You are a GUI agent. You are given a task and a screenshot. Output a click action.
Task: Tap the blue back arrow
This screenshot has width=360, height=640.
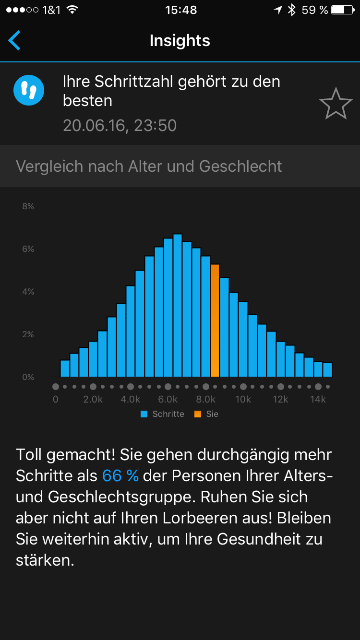point(14,41)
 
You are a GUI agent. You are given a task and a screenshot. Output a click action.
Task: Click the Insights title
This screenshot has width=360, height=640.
point(180,41)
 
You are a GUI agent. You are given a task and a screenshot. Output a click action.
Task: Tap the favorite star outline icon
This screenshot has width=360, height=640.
point(336,104)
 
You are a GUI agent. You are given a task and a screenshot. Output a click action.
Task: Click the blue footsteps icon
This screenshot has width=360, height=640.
point(29,90)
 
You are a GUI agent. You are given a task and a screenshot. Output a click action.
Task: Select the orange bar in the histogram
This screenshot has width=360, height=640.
point(215,320)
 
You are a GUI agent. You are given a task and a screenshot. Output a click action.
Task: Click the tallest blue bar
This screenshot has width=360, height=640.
point(178,305)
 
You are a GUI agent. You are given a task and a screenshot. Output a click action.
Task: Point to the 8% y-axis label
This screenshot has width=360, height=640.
point(28,206)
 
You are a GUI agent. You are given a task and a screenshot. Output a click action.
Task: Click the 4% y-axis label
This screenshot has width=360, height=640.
point(28,292)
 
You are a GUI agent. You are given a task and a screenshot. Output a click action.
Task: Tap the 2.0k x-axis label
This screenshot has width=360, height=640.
point(93,399)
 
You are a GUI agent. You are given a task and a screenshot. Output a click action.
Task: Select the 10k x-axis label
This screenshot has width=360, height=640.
point(243,399)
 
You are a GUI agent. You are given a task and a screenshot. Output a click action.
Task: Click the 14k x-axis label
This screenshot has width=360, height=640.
point(318,399)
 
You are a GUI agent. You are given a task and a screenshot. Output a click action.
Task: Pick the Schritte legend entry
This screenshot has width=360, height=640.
point(163,414)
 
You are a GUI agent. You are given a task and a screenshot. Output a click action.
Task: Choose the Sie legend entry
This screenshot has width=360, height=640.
point(206,414)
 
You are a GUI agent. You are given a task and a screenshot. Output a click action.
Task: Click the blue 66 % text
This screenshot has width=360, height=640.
point(120,475)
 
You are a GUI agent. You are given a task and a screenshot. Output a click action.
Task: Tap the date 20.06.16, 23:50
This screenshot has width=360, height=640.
point(120,126)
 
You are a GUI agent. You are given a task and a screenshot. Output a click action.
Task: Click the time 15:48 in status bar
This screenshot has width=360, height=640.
point(181,10)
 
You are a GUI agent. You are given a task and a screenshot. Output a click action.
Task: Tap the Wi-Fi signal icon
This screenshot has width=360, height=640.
point(72,10)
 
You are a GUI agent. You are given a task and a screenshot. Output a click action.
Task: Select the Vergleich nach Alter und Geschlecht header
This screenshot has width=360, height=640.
point(149,166)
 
